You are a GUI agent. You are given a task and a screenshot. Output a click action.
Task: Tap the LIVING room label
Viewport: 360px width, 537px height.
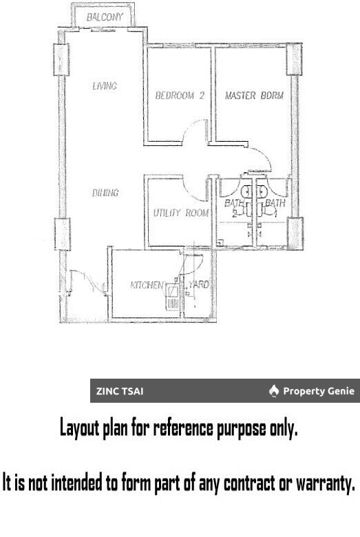pos(105,86)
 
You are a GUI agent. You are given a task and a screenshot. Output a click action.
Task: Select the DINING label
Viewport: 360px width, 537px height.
pos(105,193)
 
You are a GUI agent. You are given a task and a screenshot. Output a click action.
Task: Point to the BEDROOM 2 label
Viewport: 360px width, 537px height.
pos(179,96)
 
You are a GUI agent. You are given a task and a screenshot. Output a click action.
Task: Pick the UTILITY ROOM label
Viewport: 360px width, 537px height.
pos(180,213)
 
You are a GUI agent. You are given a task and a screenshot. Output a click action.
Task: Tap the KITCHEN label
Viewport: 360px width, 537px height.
pos(147,284)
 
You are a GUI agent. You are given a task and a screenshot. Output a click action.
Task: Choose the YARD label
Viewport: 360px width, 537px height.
pos(199,284)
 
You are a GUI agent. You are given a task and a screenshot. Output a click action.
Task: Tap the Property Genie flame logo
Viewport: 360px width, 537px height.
pos(274,392)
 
